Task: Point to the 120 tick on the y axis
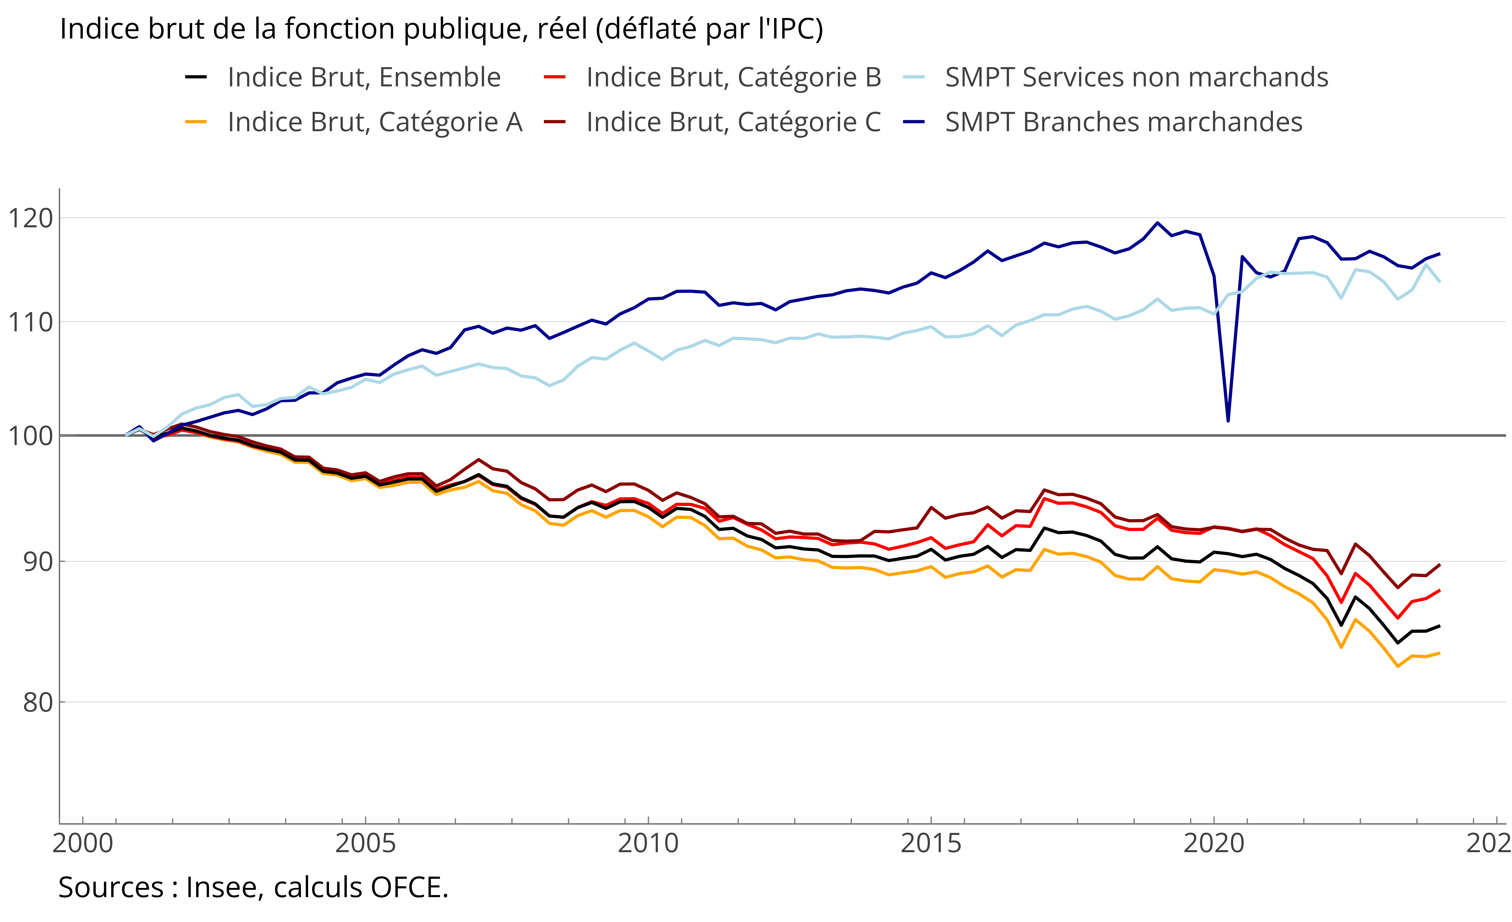coord(30,218)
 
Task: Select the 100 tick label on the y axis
coord(30,436)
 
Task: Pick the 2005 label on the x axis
coord(366,844)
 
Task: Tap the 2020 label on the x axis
coord(1214,844)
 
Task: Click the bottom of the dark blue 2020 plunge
coord(1228,421)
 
